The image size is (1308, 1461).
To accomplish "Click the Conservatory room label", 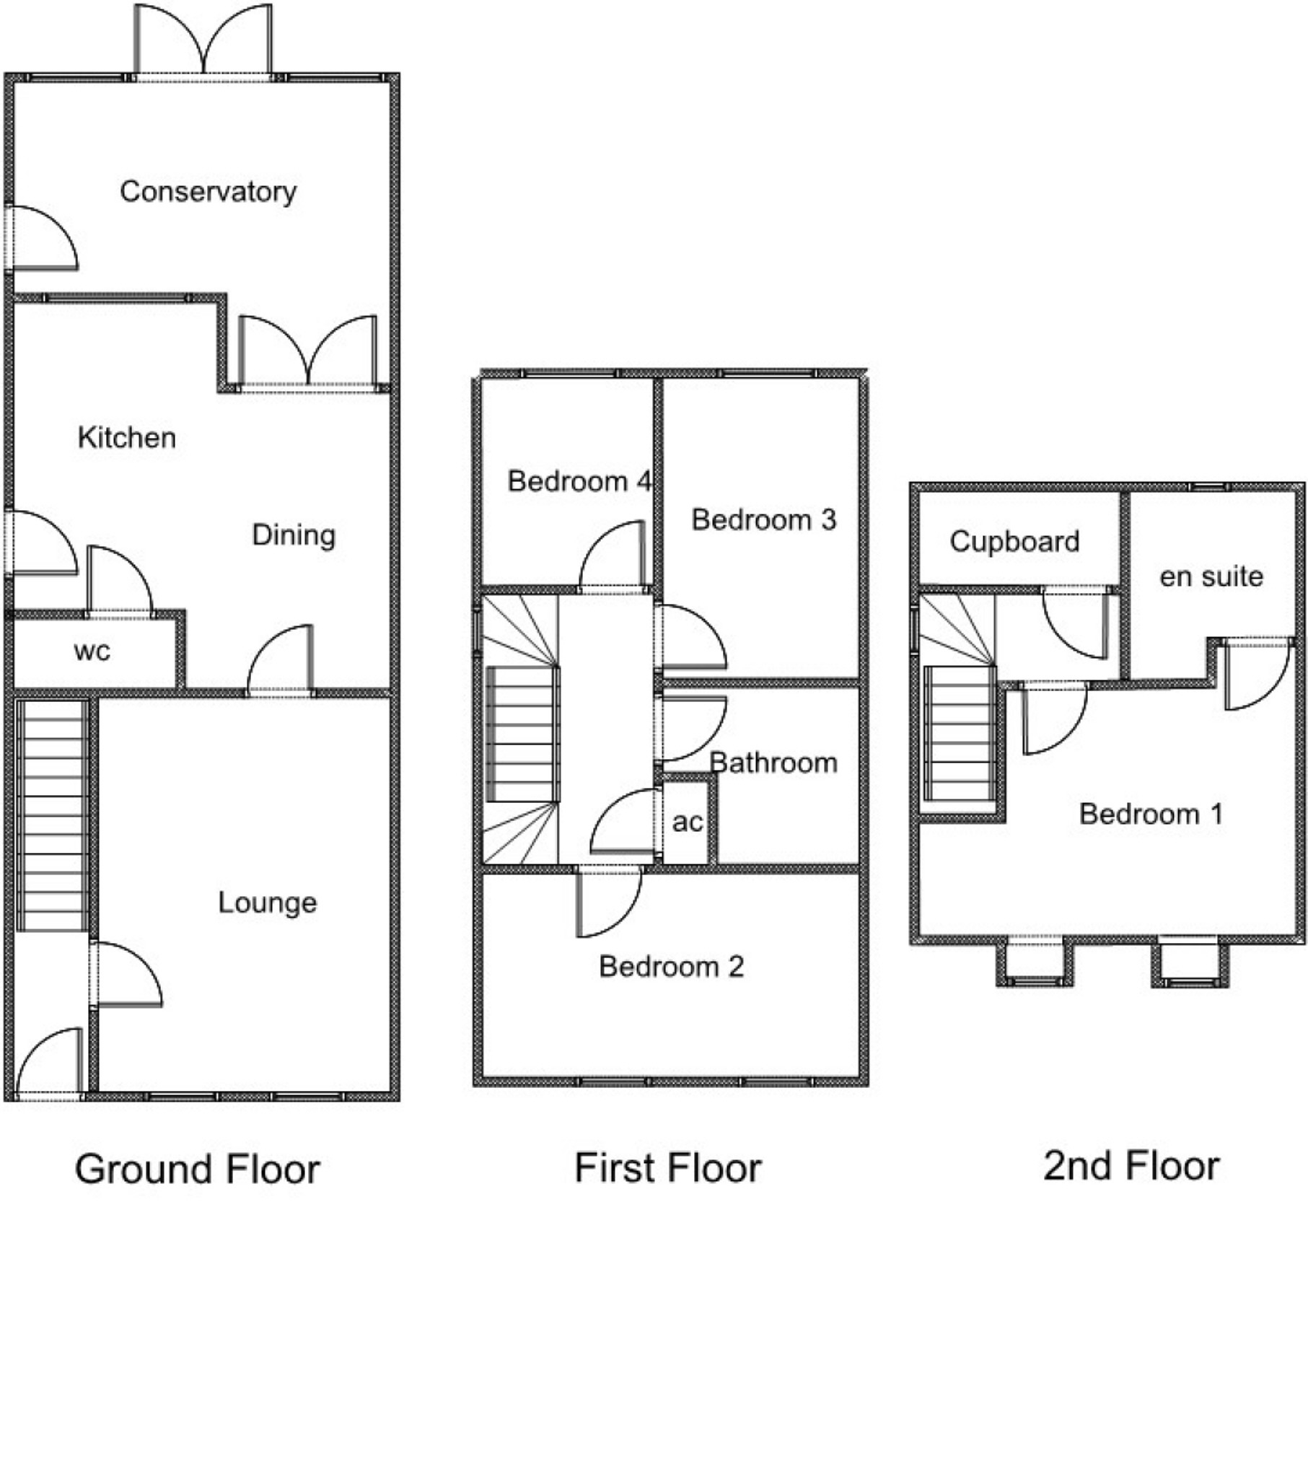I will (x=208, y=192).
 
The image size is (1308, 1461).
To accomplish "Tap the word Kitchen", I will (x=127, y=438).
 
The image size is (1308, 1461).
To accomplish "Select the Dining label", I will (x=294, y=535).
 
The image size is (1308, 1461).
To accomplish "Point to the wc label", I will (x=92, y=651).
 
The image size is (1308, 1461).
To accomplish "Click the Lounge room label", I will (x=267, y=903).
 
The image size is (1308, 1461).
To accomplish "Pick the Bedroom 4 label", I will (x=579, y=481).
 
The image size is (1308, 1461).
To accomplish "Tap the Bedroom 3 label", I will (x=763, y=519).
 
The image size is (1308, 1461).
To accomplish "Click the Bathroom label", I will (x=773, y=763).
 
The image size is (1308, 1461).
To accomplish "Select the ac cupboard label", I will (x=687, y=822).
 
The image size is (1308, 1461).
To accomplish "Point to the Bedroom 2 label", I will (x=671, y=967).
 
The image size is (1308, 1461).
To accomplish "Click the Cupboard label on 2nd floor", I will (x=1014, y=542).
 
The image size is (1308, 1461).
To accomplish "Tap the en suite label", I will (x=1211, y=576).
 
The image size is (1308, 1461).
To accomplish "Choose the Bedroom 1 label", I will (x=1151, y=815).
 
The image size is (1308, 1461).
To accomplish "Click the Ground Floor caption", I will (x=197, y=1170).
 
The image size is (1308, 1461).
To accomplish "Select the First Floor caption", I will (x=667, y=1168).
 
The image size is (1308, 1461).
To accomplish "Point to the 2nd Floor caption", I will (x=1131, y=1166).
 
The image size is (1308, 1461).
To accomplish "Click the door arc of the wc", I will (x=119, y=581).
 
